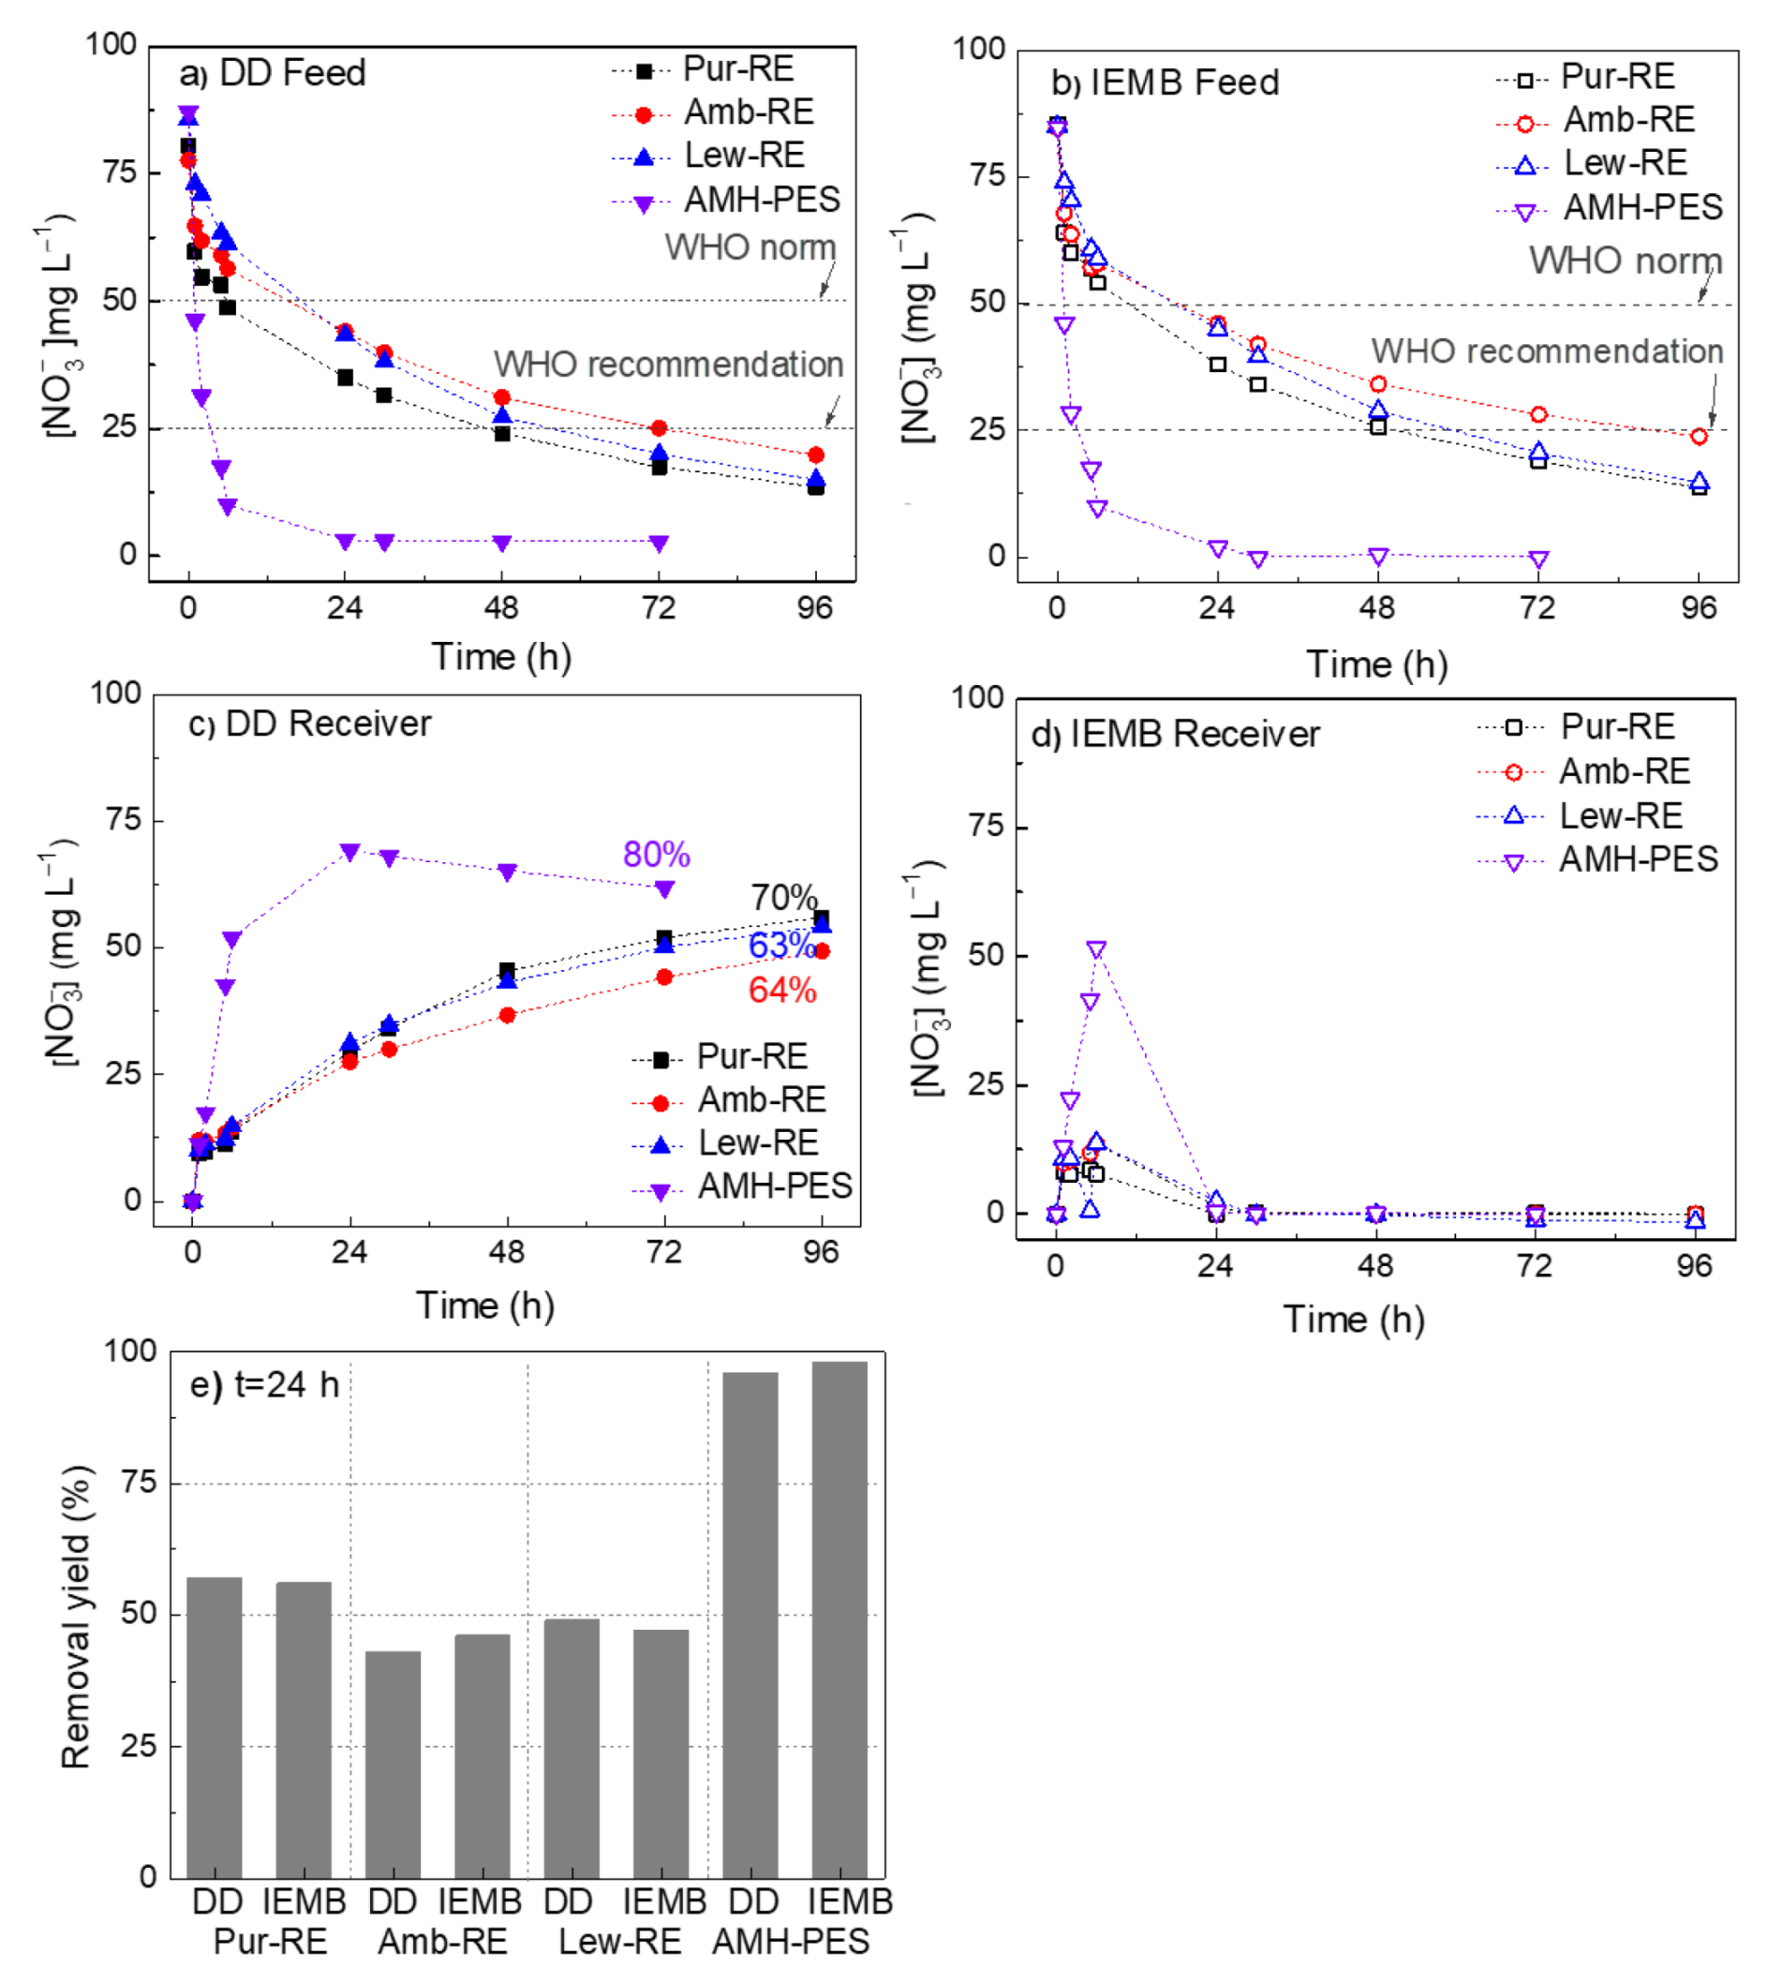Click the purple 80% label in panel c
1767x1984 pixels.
click(657, 855)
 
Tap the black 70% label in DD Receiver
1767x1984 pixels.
click(783, 896)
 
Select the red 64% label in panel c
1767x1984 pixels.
click(782, 991)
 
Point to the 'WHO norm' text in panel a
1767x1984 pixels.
click(750, 247)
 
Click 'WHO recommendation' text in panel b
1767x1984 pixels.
click(1547, 351)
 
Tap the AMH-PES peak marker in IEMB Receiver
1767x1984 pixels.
click(1096, 949)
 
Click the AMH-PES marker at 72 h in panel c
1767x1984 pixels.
click(664, 889)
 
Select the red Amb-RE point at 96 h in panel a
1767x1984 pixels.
click(815, 455)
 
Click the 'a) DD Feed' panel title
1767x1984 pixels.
click(273, 74)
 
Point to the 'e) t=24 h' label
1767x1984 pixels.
click(264, 1384)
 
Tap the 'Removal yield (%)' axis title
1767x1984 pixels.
click(75, 1616)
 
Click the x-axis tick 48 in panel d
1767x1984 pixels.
click(1374, 1265)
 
